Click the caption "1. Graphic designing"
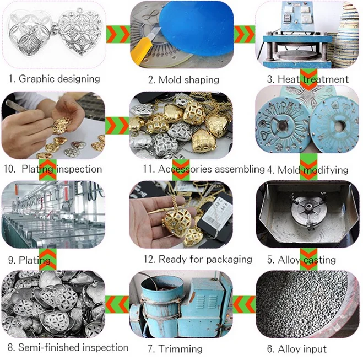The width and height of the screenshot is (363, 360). tap(55, 79)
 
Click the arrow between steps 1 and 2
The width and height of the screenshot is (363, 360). tap(118, 34)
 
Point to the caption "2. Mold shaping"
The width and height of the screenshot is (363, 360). tap(183, 80)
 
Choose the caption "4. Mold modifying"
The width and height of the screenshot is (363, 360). tap(308, 170)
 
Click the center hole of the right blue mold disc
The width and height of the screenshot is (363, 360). tap(338, 126)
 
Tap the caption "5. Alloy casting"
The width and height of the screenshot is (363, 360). tap(301, 260)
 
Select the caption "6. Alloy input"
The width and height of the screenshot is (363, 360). tap(297, 348)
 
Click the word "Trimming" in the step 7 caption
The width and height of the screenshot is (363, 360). tap(180, 349)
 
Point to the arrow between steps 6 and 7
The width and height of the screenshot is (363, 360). tap(244, 304)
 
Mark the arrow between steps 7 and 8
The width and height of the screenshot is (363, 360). tap(117, 304)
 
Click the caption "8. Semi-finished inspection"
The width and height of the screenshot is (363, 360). tap(68, 347)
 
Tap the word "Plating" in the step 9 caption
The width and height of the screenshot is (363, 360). tap(35, 260)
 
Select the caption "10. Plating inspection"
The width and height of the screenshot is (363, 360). tap(53, 169)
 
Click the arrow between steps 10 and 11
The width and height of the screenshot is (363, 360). tap(117, 125)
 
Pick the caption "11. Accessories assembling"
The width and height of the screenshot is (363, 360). tap(204, 169)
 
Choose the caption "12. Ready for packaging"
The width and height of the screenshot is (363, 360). tap(198, 259)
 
